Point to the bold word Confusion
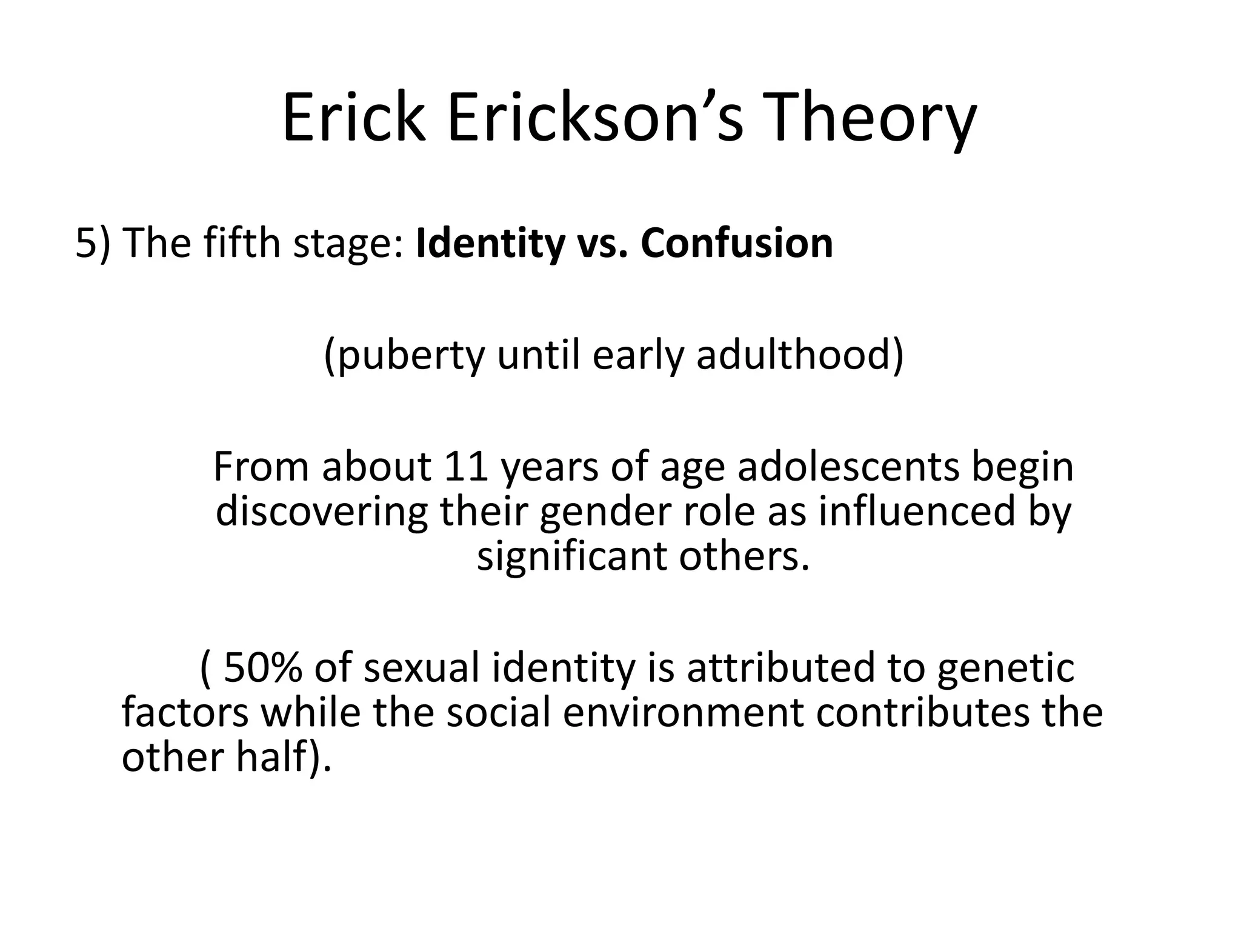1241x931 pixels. point(737,242)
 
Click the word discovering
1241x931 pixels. point(322,512)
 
